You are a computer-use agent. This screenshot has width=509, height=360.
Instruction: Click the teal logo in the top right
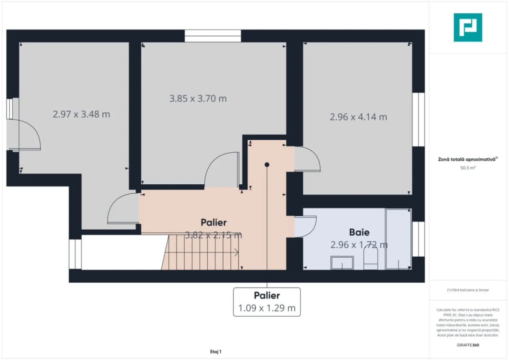[x=468, y=27]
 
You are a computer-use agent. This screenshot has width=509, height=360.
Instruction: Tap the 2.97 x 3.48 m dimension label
[x=81, y=114]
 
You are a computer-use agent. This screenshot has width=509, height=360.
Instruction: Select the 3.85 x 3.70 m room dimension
[x=198, y=99]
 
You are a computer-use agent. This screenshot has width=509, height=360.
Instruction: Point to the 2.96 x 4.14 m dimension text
[x=358, y=117]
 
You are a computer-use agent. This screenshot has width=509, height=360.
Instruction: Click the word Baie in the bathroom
[x=359, y=232]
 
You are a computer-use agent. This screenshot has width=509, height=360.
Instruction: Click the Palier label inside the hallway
[x=213, y=222]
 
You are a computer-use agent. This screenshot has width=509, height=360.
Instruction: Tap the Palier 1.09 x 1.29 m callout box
[x=267, y=302]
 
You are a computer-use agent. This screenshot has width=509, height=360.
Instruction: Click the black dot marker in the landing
[x=267, y=165]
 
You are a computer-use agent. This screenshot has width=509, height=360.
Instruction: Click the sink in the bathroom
[x=342, y=263]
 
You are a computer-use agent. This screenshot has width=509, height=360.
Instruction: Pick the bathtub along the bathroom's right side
[x=398, y=239]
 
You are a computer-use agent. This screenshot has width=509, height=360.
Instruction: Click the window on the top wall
[x=213, y=36]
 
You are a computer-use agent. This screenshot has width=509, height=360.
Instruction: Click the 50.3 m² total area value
[x=468, y=168]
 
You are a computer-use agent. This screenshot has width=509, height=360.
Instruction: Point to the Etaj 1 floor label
[x=216, y=352]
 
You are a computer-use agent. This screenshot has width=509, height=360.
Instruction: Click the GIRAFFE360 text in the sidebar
[x=468, y=345]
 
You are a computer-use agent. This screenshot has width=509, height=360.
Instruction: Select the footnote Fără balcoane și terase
[x=468, y=290]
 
